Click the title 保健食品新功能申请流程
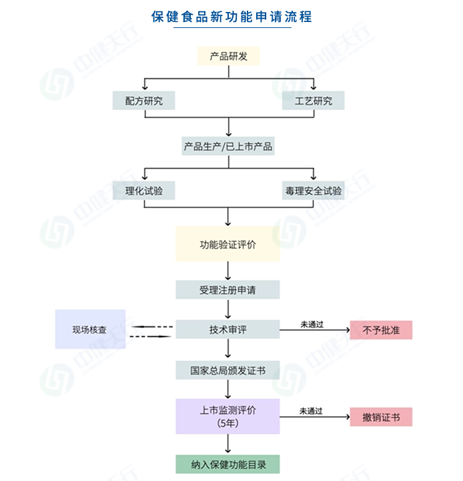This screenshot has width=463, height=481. tap(232, 16)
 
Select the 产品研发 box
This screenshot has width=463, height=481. tap(228, 57)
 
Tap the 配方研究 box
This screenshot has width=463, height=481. tap(144, 101)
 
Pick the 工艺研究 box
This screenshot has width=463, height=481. tap(313, 101)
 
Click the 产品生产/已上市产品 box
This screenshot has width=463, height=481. tap(228, 147)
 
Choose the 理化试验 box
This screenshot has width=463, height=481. tap(144, 191)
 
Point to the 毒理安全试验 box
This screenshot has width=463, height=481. tap(313, 191)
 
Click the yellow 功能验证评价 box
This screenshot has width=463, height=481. tap(228, 244)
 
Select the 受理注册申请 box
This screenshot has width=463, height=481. tap(228, 290)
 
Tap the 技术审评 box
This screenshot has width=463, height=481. tap(228, 330)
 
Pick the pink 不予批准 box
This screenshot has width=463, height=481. tap(381, 330)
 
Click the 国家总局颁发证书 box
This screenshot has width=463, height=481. tap(228, 370)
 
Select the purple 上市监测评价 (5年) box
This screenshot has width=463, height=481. tap(228, 416)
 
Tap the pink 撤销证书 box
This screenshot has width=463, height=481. tap(381, 418)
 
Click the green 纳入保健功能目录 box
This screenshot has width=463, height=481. tap(228, 464)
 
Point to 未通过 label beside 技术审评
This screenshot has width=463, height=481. tap(311, 323)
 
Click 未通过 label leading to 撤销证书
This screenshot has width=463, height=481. tap(311, 410)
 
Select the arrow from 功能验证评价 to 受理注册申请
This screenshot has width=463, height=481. tap(229, 270)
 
